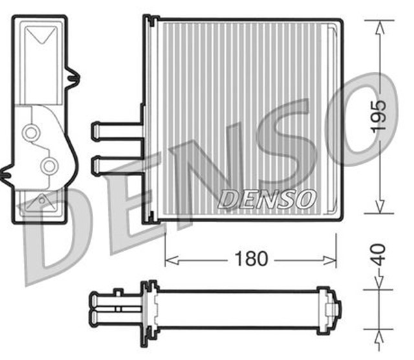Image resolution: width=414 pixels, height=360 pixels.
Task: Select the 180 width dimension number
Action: [252, 259]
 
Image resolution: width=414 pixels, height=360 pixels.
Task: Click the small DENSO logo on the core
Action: [267, 199]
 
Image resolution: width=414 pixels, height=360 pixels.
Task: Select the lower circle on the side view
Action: [48, 166]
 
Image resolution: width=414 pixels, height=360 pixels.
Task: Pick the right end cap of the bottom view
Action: [335, 308]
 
